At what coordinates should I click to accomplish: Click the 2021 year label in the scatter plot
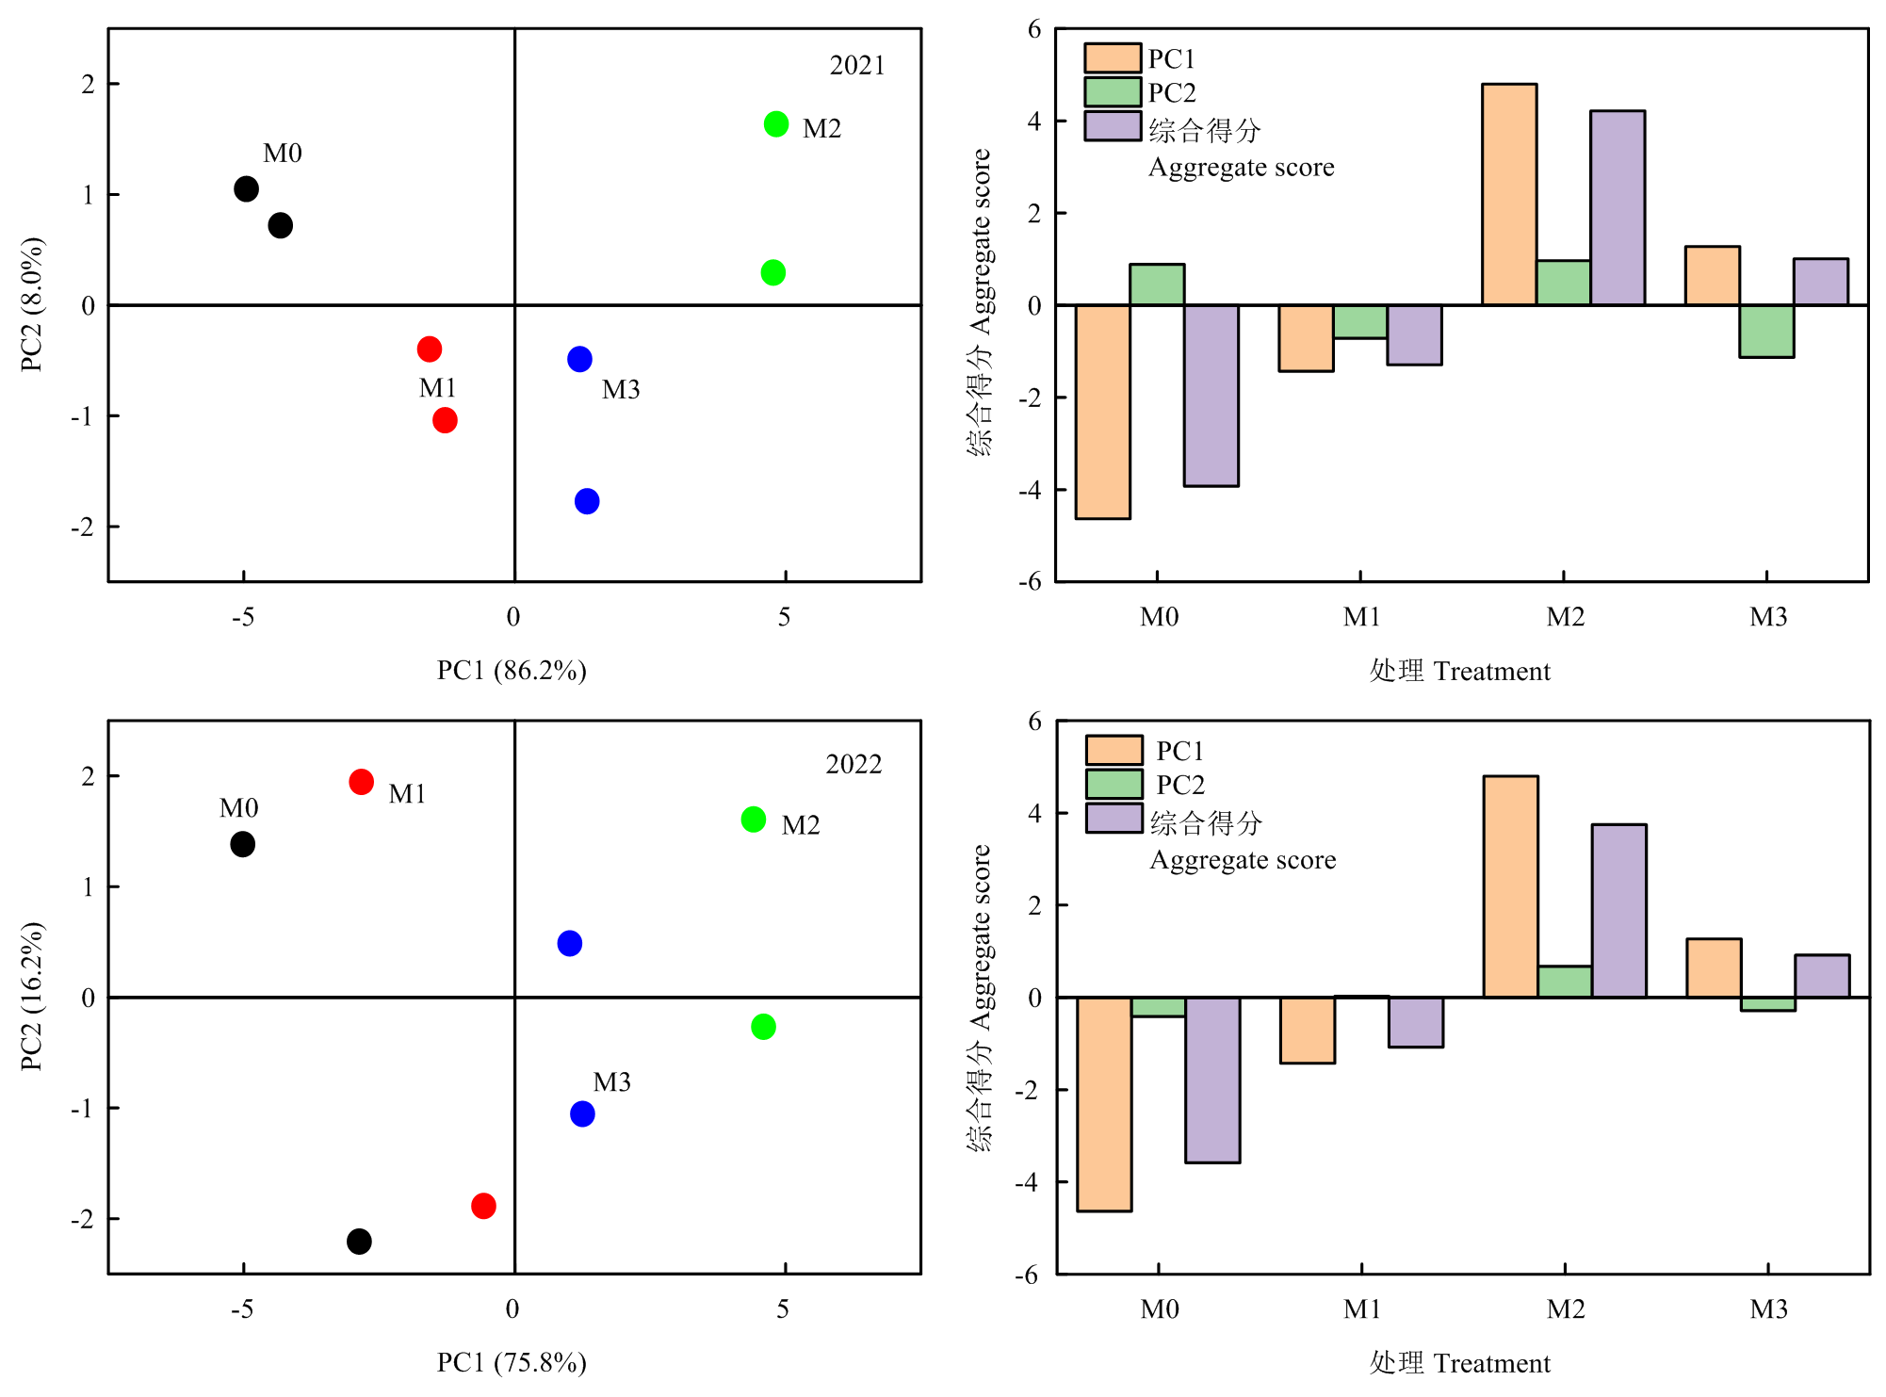(x=856, y=66)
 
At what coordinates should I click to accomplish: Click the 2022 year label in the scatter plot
(x=854, y=764)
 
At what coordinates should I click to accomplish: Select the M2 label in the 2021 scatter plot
(x=821, y=128)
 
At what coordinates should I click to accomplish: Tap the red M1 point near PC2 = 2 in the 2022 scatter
(x=361, y=782)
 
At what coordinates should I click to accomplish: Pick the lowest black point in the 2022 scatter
(x=359, y=1242)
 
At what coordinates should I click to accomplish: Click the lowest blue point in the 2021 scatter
(x=587, y=501)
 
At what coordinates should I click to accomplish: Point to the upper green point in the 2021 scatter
(x=776, y=124)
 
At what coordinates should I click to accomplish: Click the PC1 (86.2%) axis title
(x=512, y=670)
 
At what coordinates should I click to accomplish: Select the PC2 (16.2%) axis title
(x=32, y=997)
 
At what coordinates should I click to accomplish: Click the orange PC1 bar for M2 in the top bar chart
(x=1509, y=194)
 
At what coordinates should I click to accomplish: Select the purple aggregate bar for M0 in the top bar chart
(x=1211, y=396)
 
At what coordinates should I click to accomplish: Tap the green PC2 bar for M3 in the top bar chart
(x=1766, y=331)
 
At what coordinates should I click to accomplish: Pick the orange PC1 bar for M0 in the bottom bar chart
(x=1104, y=1104)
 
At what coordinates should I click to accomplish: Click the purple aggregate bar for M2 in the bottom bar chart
(x=1619, y=911)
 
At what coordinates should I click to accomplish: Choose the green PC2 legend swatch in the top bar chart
(x=1113, y=92)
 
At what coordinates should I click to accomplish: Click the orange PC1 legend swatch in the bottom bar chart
(x=1114, y=751)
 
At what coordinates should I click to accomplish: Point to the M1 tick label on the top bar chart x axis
(x=1361, y=617)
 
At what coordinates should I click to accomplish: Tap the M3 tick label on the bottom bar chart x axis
(x=1768, y=1309)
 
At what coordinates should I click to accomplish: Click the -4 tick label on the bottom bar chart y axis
(x=1029, y=1182)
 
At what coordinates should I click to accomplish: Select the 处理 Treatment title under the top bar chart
(x=1459, y=671)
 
